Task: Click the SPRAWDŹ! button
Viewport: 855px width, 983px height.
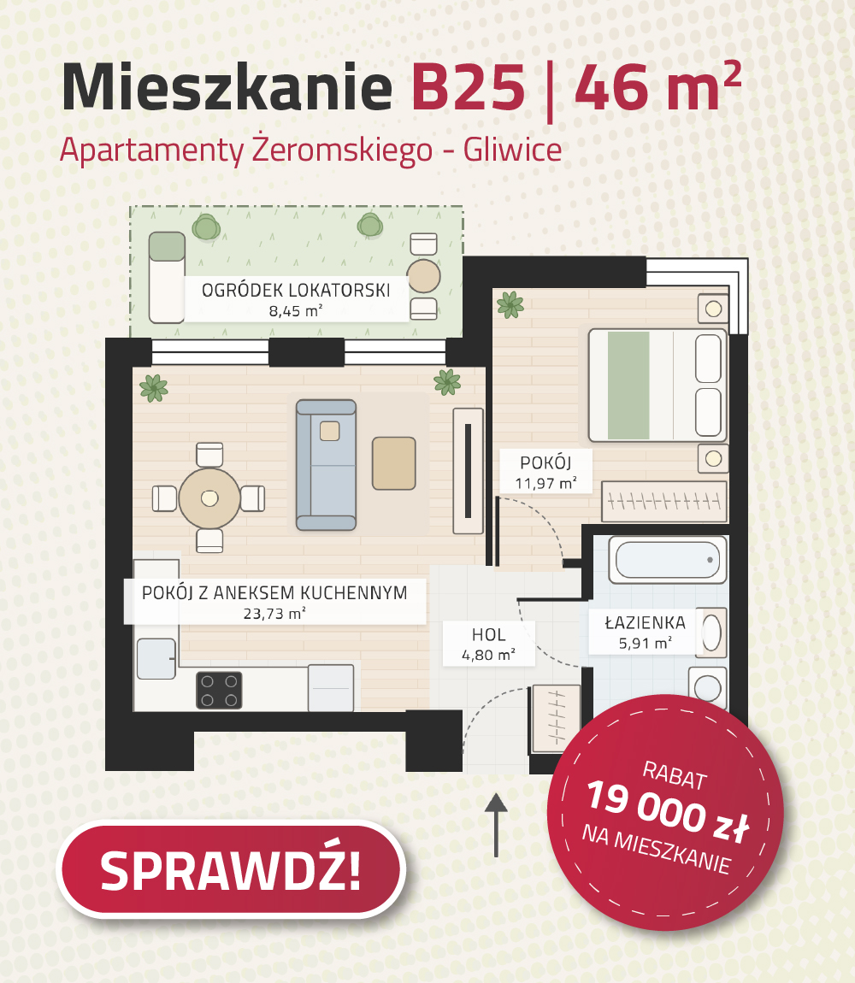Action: point(231,869)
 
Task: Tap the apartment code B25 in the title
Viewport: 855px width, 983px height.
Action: point(468,87)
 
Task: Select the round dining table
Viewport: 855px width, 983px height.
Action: point(209,498)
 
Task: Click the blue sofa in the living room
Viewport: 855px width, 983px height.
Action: point(327,464)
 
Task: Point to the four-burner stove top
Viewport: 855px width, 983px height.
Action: point(219,690)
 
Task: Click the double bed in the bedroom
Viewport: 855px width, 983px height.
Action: point(657,385)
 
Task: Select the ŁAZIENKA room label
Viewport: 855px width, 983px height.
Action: point(645,622)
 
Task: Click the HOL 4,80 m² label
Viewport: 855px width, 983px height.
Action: point(489,645)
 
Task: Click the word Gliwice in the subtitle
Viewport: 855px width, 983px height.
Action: point(512,150)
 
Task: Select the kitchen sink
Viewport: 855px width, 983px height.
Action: point(156,658)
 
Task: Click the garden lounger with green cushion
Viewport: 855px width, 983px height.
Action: point(167,277)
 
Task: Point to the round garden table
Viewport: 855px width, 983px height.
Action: point(423,276)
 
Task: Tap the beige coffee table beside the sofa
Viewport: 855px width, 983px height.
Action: point(394,463)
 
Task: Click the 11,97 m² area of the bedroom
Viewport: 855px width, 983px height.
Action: point(545,483)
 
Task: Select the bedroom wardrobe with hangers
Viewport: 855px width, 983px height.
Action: point(664,502)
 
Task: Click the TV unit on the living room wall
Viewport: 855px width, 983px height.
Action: point(468,471)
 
